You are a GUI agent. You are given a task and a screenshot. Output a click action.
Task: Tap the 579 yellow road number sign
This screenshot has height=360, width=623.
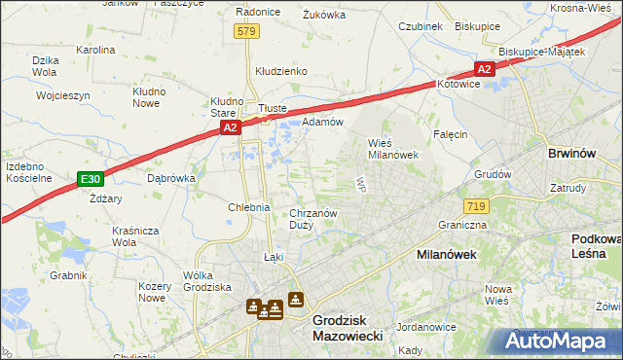coord(247,32)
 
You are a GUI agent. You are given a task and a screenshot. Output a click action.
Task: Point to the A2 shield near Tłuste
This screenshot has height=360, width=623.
coord(229,127)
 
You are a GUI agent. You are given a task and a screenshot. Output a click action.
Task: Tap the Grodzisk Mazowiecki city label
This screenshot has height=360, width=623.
coord(346,326)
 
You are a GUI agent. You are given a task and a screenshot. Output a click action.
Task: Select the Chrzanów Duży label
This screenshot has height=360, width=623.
coord(313,218)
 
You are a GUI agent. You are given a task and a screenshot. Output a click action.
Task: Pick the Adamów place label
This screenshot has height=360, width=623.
coord(322,122)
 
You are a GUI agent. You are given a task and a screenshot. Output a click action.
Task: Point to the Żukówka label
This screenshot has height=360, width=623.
coord(324,15)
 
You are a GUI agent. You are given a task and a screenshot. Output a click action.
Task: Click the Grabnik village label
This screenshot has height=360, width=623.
coord(69,275)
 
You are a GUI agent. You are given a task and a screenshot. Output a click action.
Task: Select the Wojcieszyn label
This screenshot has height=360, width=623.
coord(62,96)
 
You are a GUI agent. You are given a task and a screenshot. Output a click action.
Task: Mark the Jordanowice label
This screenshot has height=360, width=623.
coord(426,327)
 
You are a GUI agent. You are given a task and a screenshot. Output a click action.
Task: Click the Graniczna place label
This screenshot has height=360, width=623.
coord(462,225)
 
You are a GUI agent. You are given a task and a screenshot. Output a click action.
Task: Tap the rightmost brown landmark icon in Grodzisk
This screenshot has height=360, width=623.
coord(295,302)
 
